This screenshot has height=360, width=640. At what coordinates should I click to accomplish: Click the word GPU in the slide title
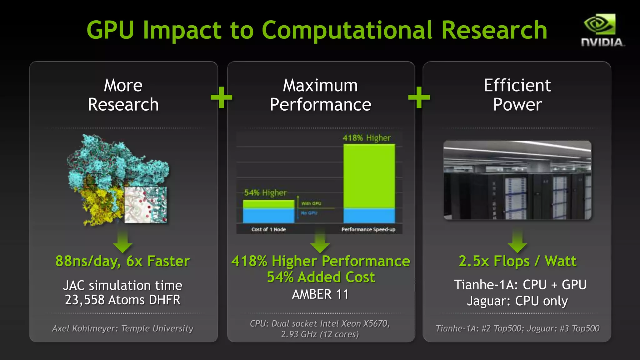click(x=110, y=30)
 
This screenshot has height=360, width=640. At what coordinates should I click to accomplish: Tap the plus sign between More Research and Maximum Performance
click(x=221, y=97)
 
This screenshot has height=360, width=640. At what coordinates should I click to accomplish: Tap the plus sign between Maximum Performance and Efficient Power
click(x=419, y=97)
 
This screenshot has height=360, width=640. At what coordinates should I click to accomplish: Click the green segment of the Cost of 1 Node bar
click(x=268, y=204)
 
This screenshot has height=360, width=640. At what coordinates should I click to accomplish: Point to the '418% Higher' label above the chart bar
click(x=367, y=138)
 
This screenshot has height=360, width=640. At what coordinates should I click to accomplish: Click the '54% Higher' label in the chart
click(x=265, y=192)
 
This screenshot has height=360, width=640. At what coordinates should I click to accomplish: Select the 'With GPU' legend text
click(x=311, y=203)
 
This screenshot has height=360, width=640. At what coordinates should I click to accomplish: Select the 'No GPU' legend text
click(x=309, y=213)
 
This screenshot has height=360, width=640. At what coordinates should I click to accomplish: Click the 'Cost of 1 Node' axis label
click(x=268, y=229)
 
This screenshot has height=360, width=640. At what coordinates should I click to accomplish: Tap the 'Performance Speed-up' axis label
click(x=368, y=229)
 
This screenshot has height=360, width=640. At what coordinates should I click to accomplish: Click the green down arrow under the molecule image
click(x=122, y=242)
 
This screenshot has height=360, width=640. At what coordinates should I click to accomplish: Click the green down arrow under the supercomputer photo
click(x=517, y=242)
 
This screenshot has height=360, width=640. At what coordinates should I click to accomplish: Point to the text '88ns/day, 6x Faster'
click(x=122, y=261)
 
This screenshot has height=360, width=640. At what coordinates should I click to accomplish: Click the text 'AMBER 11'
click(x=320, y=294)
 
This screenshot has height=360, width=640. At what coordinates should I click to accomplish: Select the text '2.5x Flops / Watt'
click(x=517, y=261)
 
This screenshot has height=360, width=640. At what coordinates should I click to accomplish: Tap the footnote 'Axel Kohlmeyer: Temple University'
click(x=122, y=328)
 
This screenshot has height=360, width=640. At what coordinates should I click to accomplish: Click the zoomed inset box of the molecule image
click(x=146, y=205)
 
